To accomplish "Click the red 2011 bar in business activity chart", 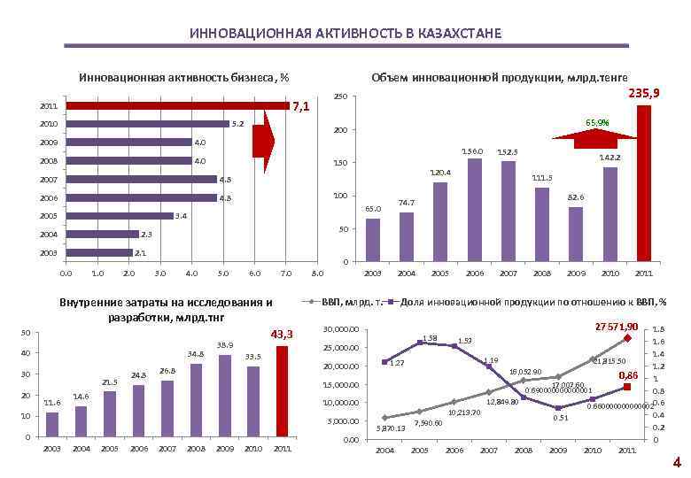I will (x=177, y=105).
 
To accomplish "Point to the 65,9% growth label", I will (x=597, y=122).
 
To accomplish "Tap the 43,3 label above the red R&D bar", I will (x=281, y=334).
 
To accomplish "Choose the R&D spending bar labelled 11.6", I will (x=51, y=424).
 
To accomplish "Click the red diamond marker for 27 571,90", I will (x=626, y=338).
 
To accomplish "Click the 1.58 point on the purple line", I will (x=419, y=343).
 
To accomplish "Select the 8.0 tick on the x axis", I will (x=319, y=274).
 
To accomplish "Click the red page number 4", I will (x=676, y=463).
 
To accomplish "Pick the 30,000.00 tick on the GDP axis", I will (x=340, y=330).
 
